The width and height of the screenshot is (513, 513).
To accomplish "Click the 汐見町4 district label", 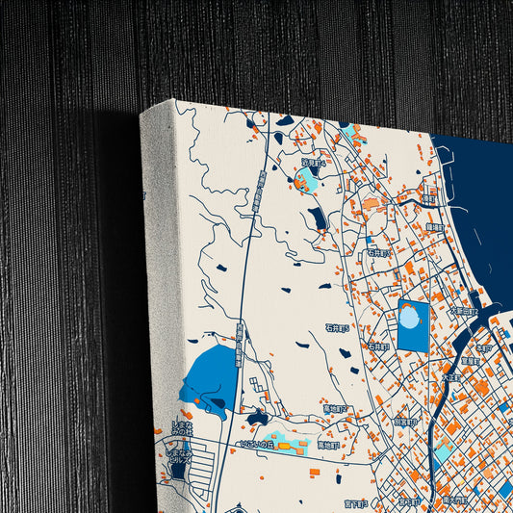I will click(314, 164).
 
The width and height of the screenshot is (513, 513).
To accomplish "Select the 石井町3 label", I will click(376, 253).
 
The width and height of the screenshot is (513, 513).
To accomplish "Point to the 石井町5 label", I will click(337, 327).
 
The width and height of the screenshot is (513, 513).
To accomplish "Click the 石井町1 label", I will click(377, 346).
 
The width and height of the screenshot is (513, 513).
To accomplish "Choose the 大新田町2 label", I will click(463, 311).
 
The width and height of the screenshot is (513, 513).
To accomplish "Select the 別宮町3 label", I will click(405, 422).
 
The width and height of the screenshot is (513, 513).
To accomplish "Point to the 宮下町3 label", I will click(356, 501).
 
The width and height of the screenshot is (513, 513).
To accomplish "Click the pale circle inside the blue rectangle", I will click(411, 317).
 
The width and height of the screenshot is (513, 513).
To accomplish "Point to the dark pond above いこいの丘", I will click(257, 419).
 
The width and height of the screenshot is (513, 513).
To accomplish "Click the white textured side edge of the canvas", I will click(160, 289).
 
